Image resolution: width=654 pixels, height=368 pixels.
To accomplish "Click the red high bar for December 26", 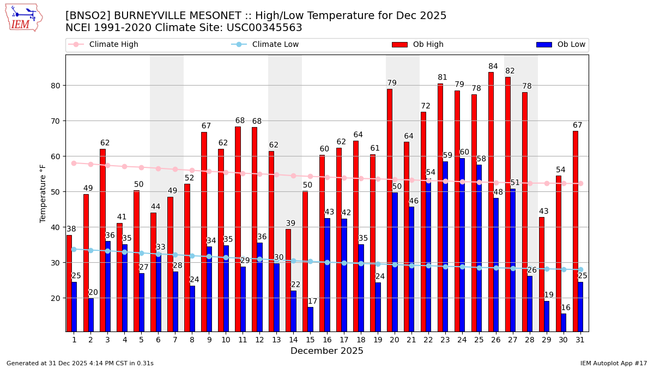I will point(491,202).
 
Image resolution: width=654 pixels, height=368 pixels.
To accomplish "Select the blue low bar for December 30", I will point(564,322).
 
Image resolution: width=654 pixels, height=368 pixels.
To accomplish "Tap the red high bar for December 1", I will point(69,283).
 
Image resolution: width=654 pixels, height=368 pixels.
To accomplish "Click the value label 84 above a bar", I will point(493,67).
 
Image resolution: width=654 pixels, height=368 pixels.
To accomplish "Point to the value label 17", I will point(312,301).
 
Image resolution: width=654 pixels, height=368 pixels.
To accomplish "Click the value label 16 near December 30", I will point(566,308).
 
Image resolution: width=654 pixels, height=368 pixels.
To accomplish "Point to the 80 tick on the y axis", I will point(57,86).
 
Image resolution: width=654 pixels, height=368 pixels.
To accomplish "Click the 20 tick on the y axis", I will point(57,298).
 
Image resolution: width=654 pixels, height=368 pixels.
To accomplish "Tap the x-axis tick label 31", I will point(580,340).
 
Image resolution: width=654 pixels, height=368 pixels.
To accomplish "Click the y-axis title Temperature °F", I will point(43,193).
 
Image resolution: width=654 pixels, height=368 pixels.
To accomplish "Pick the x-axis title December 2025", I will point(327,351).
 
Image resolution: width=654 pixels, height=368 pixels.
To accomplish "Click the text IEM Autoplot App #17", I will point(613,363).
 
